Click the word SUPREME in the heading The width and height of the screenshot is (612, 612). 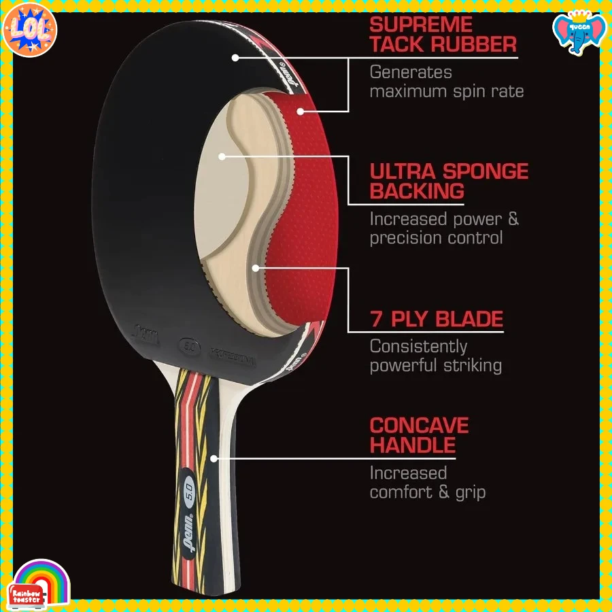(421, 25)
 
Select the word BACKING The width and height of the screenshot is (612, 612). (417, 191)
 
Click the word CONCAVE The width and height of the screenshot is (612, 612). (419, 426)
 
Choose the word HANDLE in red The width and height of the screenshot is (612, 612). (412, 446)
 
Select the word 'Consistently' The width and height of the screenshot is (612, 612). (418, 346)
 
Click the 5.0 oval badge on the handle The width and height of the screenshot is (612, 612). (190, 487)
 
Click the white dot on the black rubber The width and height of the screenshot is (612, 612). (235, 57)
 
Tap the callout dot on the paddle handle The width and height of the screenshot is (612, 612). (213, 458)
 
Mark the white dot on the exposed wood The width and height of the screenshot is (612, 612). (222, 156)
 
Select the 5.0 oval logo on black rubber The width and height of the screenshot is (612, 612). (188, 345)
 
